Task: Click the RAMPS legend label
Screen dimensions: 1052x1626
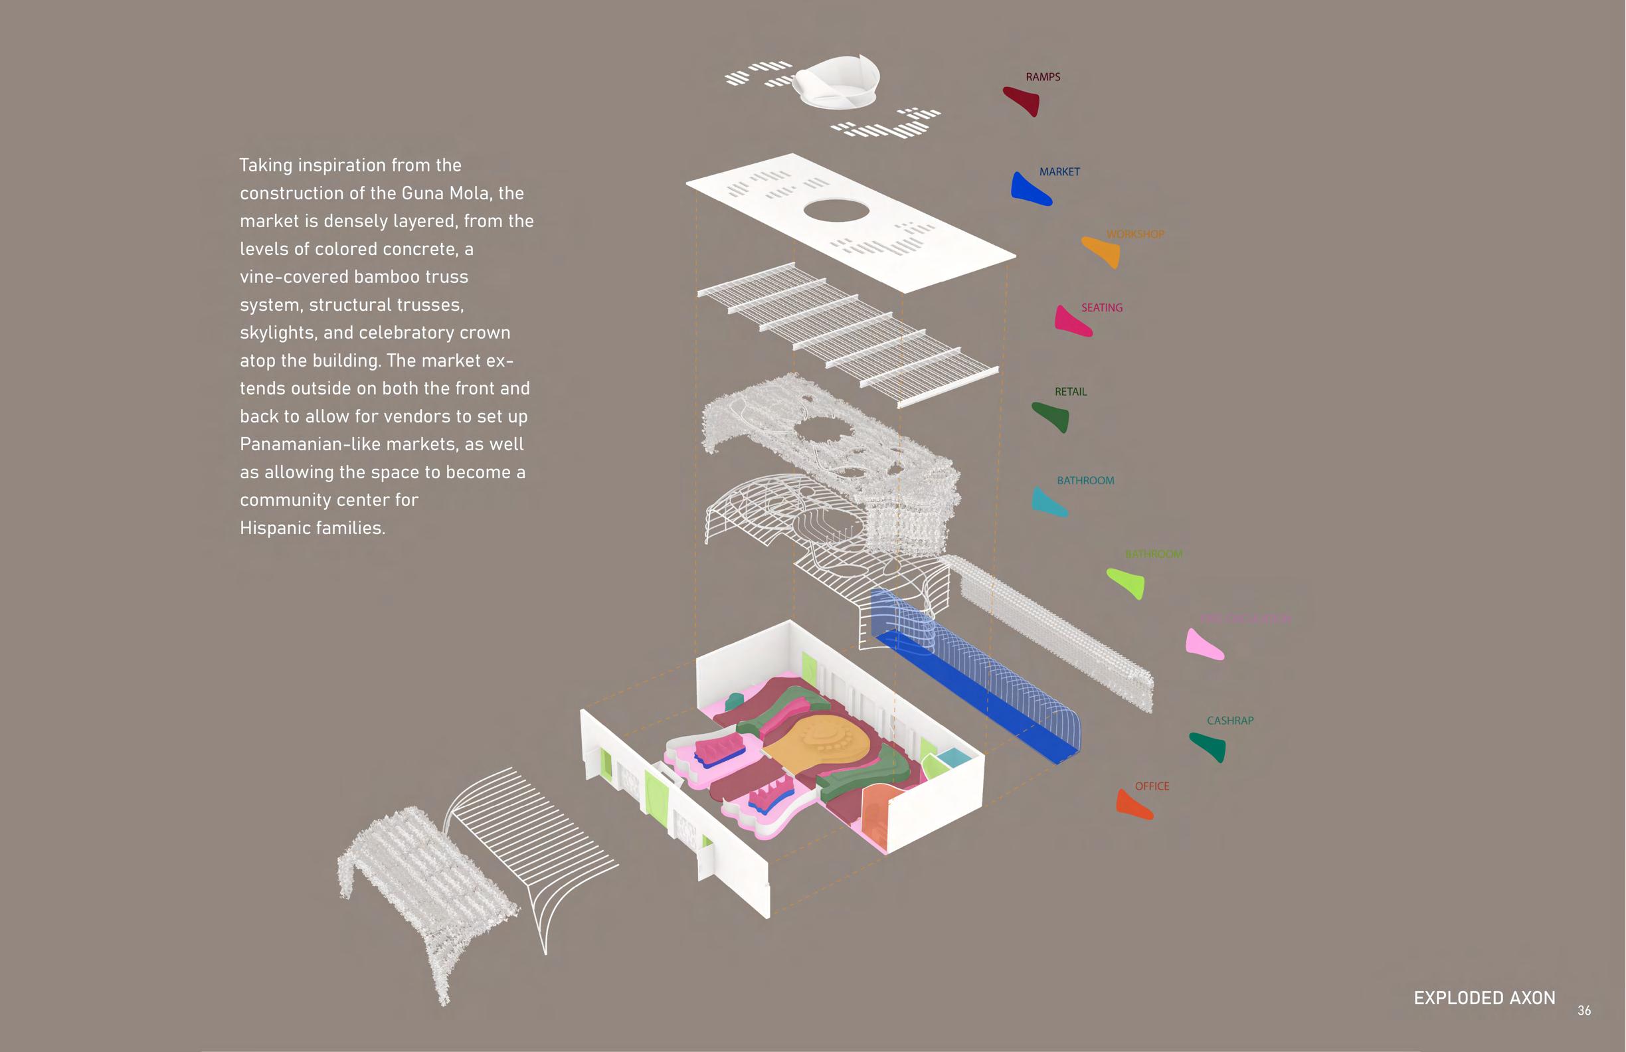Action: coord(1043,77)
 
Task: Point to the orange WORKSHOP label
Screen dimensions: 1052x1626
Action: coord(1135,234)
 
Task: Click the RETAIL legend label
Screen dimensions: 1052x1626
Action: coord(1071,392)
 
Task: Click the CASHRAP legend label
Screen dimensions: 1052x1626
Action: coord(1229,721)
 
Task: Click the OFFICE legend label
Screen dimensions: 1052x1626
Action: coord(1152,786)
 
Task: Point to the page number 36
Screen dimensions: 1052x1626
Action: coord(1583,1010)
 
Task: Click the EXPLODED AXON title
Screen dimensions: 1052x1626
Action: coord(1484,998)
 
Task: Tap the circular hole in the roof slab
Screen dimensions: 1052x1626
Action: coord(836,211)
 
